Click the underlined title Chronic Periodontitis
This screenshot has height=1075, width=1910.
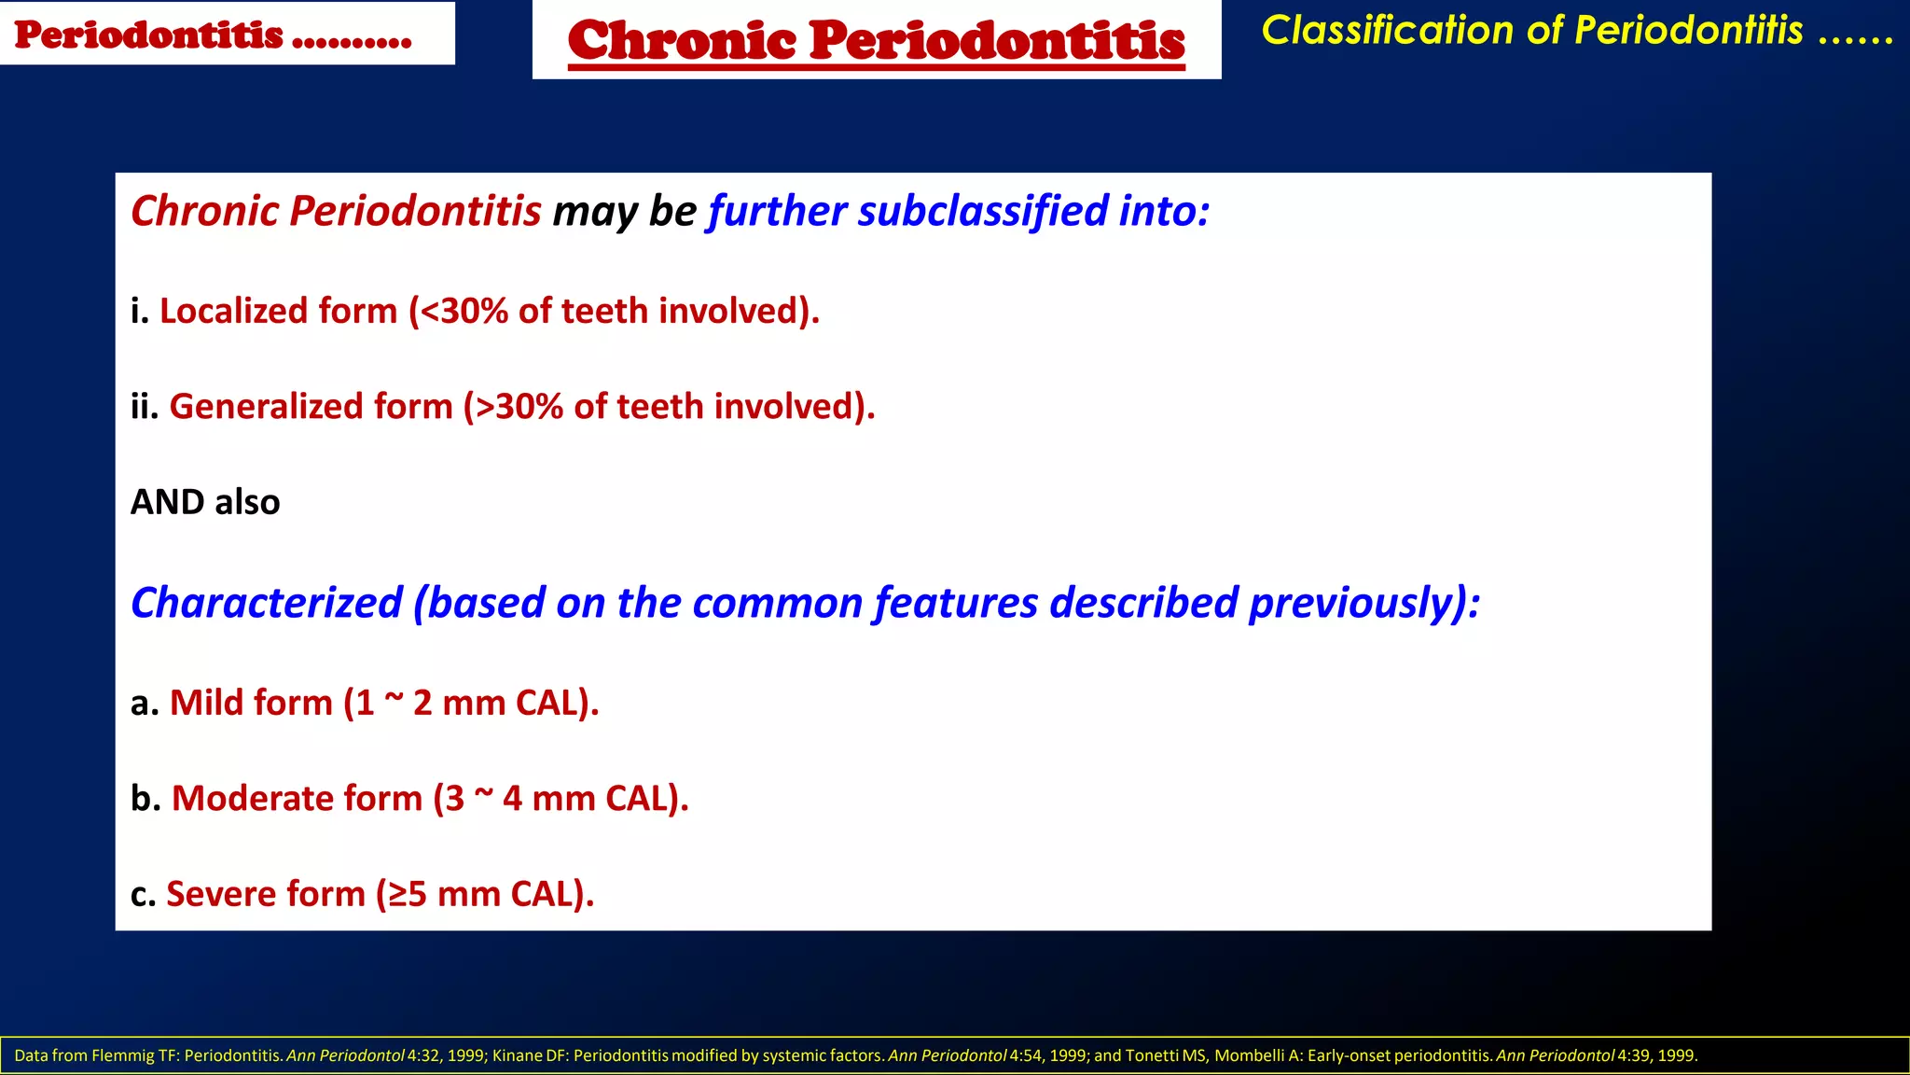[876, 41]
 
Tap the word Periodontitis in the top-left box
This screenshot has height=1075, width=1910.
[149, 35]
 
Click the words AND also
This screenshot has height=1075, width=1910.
[205, 502]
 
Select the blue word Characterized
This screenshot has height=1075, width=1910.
[266, 603]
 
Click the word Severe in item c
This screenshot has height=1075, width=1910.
[219, 894]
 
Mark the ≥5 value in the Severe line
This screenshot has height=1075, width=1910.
[408, 894]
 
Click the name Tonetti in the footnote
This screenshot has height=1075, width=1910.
[1151, 1055]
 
